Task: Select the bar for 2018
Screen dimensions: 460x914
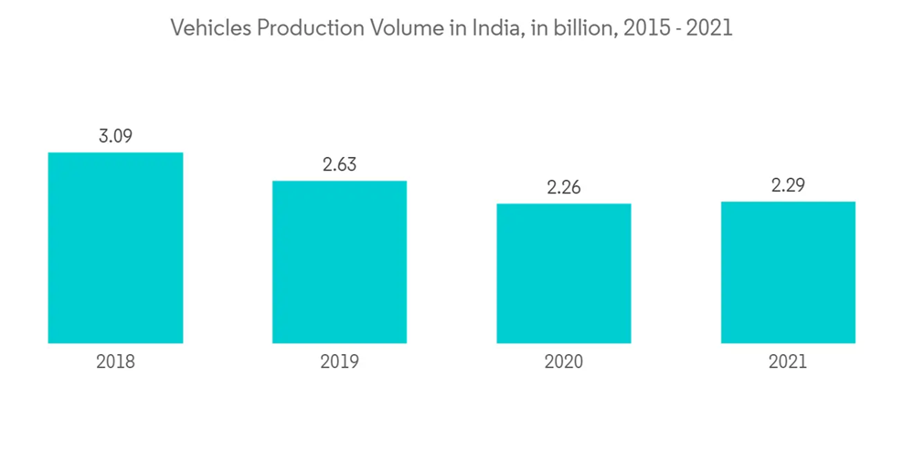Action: coord(115,247)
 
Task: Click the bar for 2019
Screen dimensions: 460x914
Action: coord(339,262)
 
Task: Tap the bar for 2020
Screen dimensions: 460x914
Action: coord(563,273)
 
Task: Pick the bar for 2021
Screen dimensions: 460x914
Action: coord(788,272)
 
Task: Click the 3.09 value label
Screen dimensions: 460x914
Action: coord(115,136)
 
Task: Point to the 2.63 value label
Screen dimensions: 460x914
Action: coord(339,165)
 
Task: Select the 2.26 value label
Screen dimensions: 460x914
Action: coord(563,188)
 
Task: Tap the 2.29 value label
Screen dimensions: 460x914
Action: coord(788,185)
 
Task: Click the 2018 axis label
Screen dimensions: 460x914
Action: coord(115,361)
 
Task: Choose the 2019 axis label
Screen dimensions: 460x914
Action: coord(339,361)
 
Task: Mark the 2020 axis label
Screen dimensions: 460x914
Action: coord(563,361)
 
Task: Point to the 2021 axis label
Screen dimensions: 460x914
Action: coord(788,361)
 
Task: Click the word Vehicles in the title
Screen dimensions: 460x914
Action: coord(211,29)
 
